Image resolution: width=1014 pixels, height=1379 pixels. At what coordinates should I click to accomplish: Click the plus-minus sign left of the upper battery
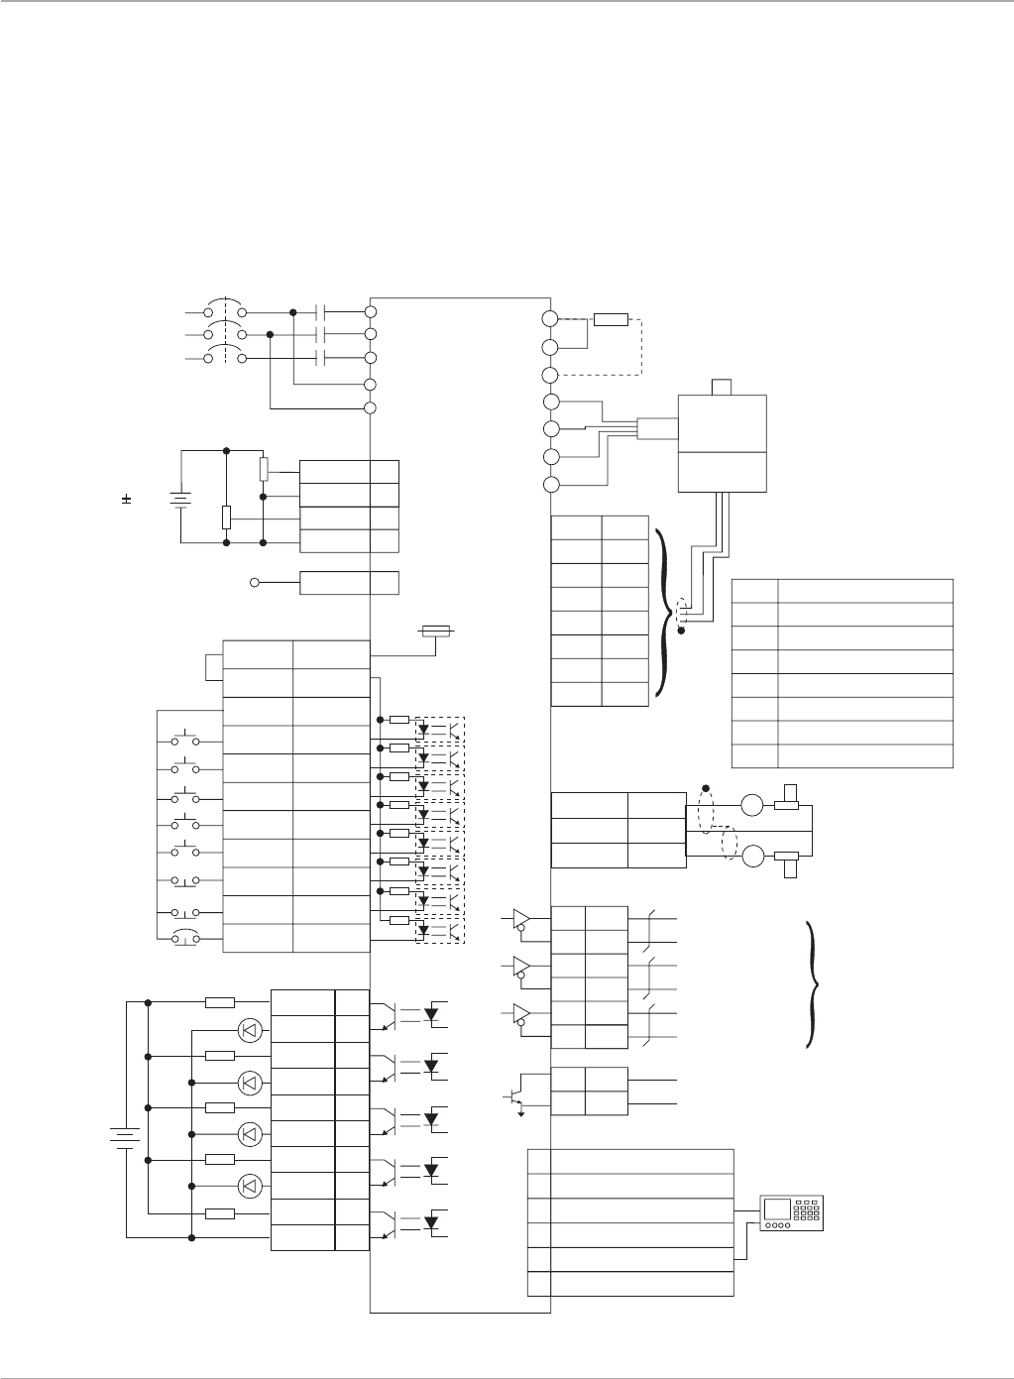coord(127,500)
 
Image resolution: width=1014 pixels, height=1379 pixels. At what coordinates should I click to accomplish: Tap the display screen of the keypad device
coord(778,1209)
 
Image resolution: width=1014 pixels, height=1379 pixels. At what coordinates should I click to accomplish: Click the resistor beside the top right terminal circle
coord(611,319)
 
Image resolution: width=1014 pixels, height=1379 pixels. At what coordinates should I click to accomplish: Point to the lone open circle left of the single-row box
coord(255,582)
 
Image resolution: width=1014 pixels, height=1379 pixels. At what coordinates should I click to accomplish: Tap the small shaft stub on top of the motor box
coord(722,387)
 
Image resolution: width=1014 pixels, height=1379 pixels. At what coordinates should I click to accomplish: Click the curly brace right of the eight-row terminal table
coord(662,614)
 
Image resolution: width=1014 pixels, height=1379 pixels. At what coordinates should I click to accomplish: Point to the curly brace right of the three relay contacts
coord(815,985)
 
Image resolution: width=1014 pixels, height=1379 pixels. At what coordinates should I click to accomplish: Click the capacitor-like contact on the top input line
coord(320,311)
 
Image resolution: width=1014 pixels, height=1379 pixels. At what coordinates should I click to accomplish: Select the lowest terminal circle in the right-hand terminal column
coord(551,485)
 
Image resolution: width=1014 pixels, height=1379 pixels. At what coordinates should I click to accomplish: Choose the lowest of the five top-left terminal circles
coord(370,407)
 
